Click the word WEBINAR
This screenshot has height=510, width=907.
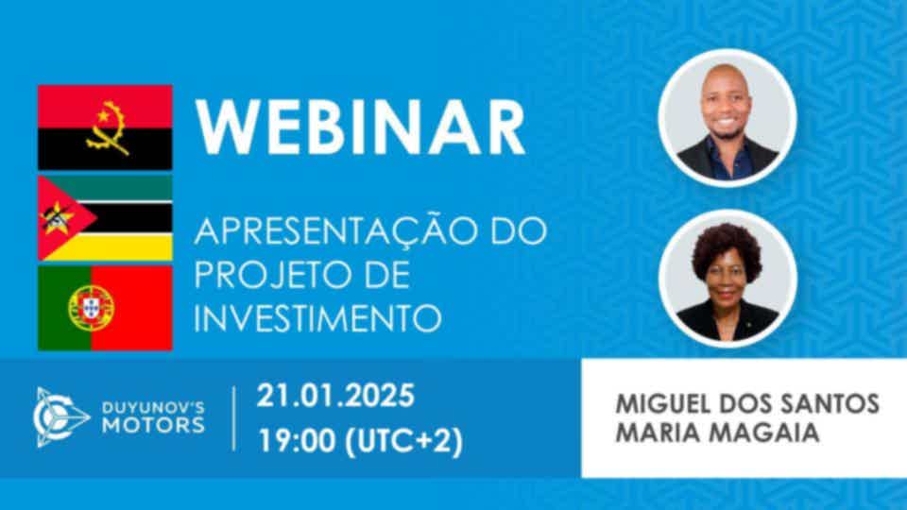click(360, 127)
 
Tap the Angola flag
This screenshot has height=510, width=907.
click(105, 127)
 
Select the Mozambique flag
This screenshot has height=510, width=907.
click(105, 218)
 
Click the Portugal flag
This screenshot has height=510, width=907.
click(105, 308)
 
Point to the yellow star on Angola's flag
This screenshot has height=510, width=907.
click(103, 116)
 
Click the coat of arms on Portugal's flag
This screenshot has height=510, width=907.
click(91, 308)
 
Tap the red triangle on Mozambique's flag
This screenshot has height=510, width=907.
click(62, 218)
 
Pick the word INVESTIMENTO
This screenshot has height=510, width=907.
click(317, 317)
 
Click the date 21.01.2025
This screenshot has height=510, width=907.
click(335, 396)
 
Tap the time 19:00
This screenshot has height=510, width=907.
click(297, 441)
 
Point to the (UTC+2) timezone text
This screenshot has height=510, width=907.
click(403, 441)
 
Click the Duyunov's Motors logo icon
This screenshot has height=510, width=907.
click(59, 417)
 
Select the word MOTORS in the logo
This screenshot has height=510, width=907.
click(153, 426)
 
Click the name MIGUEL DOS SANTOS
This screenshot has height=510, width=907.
click(747, 403)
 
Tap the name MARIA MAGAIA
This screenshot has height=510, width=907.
click(717, 433)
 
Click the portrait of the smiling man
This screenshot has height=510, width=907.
click(727, 118)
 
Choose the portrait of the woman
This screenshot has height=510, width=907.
click(727, 279)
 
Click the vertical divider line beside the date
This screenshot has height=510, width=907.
click(233, 418)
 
